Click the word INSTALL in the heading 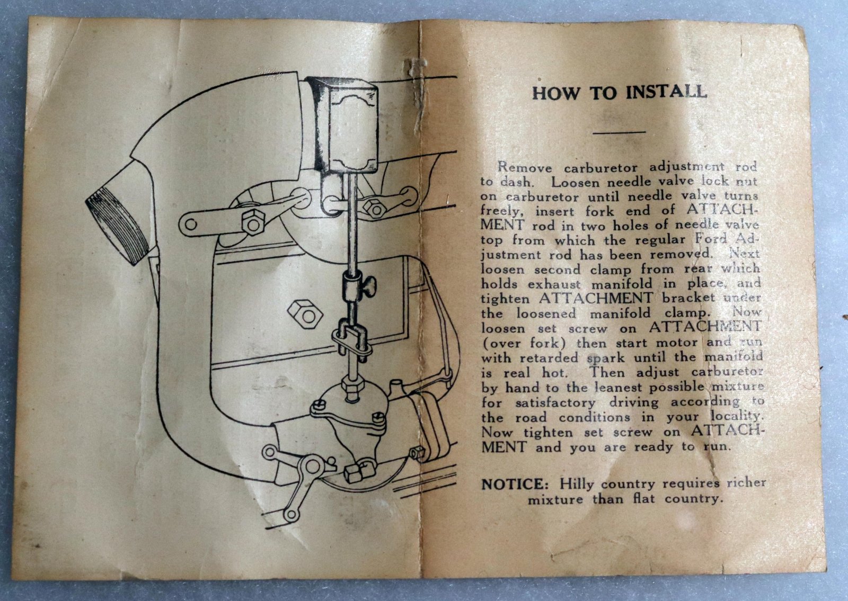coord(666,92)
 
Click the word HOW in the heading coord(556,93)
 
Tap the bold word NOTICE coord(513,485)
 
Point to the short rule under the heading coord(620,132)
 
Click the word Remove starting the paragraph coord(524,166)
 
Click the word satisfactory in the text coord(555,402)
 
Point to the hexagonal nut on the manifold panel coord(305,314)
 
